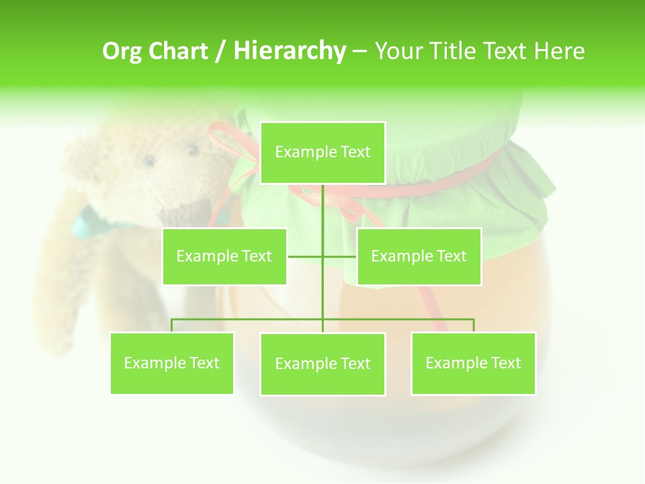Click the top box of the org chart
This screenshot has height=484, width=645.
coord(322,153)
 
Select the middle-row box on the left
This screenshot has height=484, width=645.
coord(224,256)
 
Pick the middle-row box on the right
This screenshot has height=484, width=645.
coord(419,256)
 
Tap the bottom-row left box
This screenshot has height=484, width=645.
coord(172,363)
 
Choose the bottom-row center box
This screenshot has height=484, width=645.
coord(322,364)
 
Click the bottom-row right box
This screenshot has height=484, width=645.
coord(473,363)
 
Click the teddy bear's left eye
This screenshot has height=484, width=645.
coord(149,161)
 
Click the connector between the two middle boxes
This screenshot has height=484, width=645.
coord(322,256)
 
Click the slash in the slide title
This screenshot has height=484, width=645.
coord(220,51)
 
